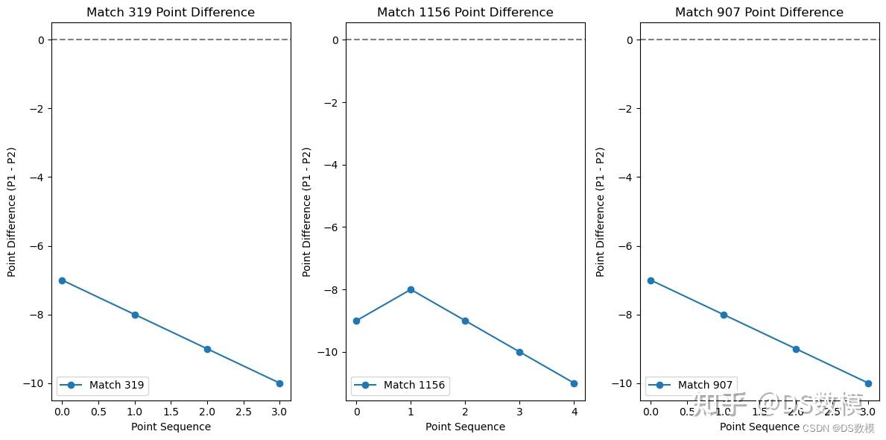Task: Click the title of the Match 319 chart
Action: [x=170, y=12]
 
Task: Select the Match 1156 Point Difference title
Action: [x=465, y=12]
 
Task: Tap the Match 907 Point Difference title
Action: [x=759, y=12]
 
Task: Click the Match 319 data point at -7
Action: [x=62, y=280]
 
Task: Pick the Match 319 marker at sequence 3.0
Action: [x=279, y=383]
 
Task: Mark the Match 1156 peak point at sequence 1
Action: [x=411, y=289]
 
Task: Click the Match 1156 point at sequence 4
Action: [x=574, y=383]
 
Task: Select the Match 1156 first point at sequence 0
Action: [x=356, y=321]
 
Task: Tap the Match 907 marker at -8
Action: [x=724, y=315]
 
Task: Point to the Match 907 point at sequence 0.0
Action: [x=651, y=280]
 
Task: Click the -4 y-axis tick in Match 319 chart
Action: [x=37, y=177]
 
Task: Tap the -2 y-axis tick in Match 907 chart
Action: [x=625, y=109]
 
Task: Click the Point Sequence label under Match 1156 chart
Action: [x=465, y=427]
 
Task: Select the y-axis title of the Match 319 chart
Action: [x=12, y=212]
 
